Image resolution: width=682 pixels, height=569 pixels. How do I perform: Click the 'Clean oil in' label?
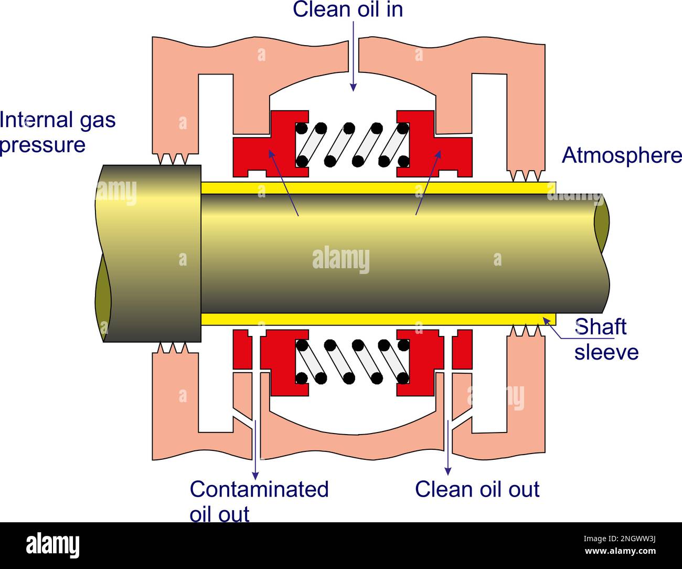348,9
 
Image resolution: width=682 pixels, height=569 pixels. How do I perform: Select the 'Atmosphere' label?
622,156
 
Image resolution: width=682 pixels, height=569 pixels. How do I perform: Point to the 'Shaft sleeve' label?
606,339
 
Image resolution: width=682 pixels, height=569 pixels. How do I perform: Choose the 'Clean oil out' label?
477,489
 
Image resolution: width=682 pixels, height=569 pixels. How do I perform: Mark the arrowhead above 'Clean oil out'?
447,469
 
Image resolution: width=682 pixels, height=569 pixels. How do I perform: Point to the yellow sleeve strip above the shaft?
378,188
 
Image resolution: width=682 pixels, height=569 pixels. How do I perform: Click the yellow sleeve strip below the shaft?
378,319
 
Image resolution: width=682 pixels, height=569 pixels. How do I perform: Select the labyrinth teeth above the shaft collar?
173,159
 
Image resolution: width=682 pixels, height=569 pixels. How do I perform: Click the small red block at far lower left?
241,350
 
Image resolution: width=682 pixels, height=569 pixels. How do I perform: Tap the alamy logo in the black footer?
52,546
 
